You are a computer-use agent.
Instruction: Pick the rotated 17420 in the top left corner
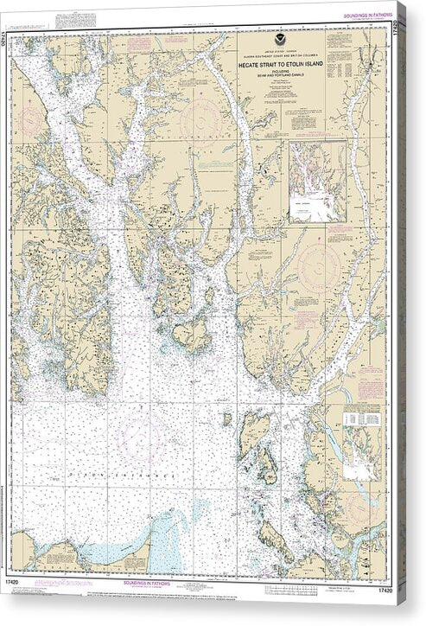[x=15, y=38]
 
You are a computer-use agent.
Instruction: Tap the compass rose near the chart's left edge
[x=33, y=95]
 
